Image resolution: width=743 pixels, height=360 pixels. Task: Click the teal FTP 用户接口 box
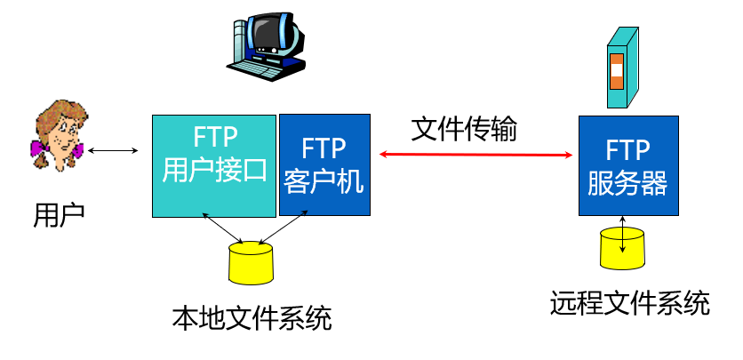click(x=214, y=165)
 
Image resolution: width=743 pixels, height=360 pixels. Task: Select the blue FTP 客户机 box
click(x=324, y=164)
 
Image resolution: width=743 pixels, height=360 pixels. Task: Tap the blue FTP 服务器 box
click(x=627, y=165)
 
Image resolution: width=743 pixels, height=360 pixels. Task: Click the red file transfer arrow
click(x=475, y=155)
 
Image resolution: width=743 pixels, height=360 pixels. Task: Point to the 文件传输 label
click(x=463, y=128)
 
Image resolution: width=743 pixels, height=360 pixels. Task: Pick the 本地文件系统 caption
click(x=252, y=316)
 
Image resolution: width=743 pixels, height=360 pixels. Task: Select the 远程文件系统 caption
click(x=630, y=303)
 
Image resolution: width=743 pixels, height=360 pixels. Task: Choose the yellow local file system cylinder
click(x=251, y=261)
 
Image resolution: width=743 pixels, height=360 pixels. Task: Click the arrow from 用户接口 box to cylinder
click(x=223, y=230)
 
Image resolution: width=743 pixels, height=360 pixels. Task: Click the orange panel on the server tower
click(x=617, y=71)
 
